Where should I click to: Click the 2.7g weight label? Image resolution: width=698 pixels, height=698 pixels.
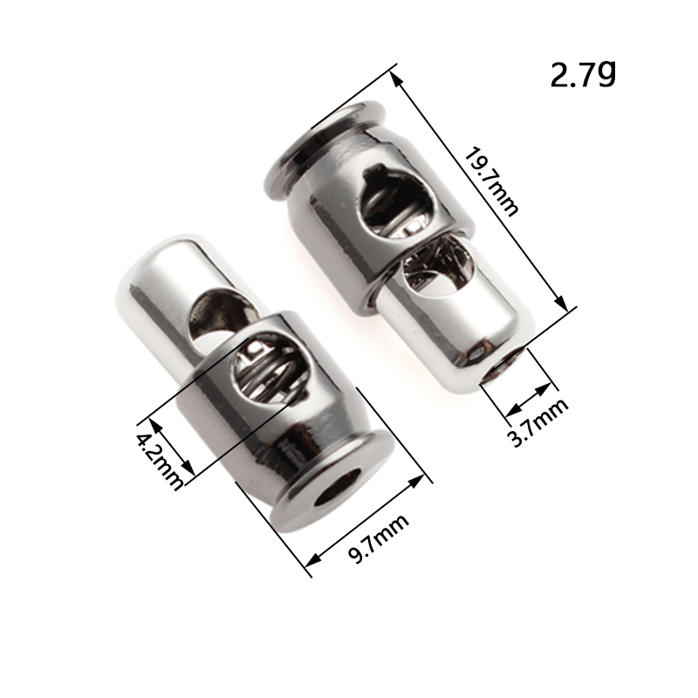583,74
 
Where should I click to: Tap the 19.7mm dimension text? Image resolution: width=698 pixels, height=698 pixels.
491,182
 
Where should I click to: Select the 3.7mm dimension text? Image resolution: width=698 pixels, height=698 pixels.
538,422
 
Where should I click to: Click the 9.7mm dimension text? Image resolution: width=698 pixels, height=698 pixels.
378,539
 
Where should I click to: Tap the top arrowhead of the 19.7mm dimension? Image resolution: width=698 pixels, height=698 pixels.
395,79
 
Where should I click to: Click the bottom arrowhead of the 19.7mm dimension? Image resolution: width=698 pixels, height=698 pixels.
562,304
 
